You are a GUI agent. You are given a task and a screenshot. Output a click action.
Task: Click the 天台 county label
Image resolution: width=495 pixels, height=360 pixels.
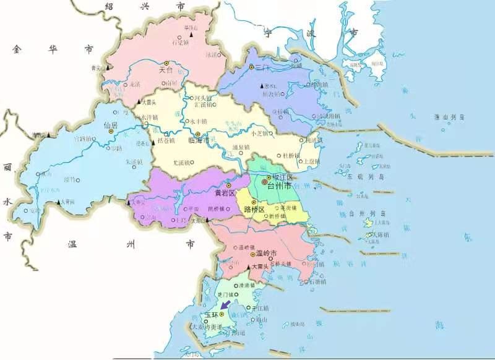166,71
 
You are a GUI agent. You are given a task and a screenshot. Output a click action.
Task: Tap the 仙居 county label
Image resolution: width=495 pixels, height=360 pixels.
111,125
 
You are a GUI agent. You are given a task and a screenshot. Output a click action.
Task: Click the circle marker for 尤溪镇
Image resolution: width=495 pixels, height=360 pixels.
192,163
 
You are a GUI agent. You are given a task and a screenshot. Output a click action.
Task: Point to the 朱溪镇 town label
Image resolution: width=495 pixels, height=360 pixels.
134,162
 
